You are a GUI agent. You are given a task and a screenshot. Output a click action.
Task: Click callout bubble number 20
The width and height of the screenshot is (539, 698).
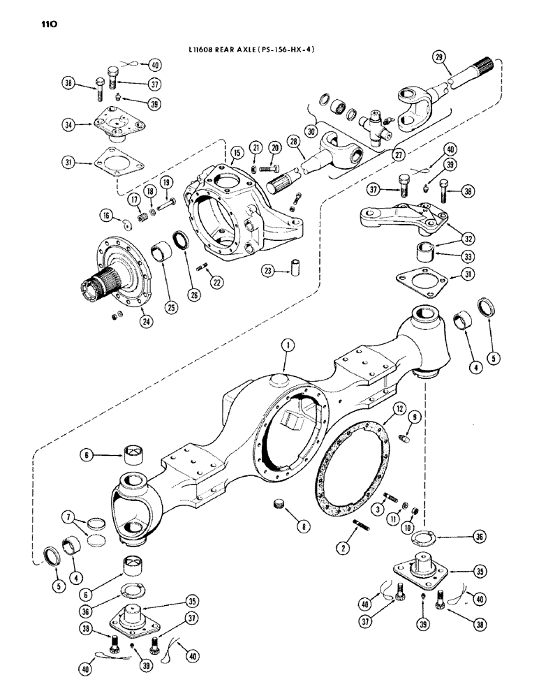tap(275, 148)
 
